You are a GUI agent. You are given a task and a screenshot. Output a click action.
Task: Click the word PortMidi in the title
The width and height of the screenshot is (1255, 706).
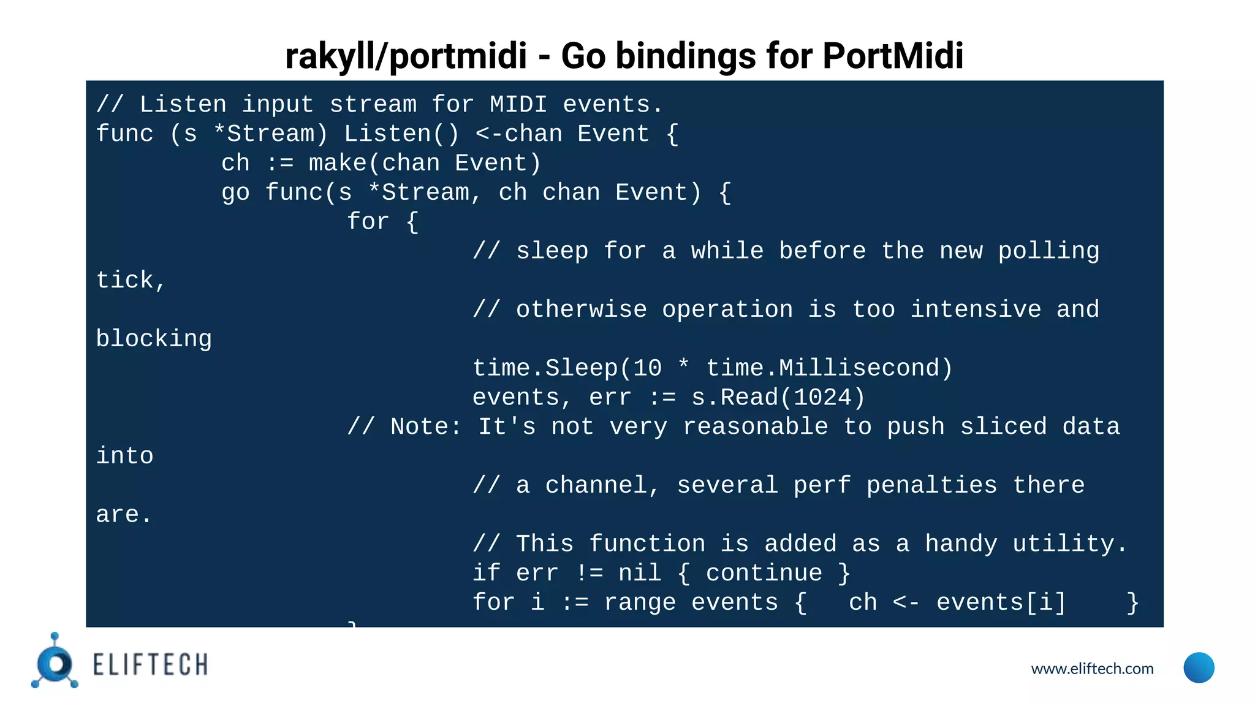tap(892, 56)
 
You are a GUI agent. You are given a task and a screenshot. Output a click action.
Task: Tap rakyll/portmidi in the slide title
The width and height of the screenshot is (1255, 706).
tap(406, 56)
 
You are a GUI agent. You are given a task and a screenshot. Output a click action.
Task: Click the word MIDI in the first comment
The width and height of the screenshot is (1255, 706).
tap(518, 104)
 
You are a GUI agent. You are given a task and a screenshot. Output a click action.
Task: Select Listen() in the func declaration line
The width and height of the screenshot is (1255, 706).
tap(401, 134)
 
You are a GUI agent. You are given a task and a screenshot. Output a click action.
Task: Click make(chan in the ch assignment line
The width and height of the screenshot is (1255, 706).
tap(374, 163)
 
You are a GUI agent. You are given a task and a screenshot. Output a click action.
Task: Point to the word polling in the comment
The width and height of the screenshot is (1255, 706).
tap(1048, 251)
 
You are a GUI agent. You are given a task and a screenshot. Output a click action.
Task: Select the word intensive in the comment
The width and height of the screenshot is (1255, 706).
tap(976, 309)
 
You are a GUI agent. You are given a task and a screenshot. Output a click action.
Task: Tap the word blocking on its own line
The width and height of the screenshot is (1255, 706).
tap(154, 339)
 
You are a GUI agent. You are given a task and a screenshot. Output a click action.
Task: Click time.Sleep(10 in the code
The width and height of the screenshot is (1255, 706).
tap(567, 368)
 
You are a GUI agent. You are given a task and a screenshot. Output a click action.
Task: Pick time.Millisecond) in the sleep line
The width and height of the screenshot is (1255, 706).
tap(829, 368)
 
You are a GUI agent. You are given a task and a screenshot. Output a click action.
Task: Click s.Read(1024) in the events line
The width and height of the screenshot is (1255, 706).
tap(778, 398)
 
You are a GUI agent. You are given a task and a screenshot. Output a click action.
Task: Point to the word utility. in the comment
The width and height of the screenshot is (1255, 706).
tap(1070, 544)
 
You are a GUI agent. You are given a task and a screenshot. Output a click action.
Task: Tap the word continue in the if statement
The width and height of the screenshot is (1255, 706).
tap(764, 573)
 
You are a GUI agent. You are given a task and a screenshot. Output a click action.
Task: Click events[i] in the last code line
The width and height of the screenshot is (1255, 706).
tap(1001, 602)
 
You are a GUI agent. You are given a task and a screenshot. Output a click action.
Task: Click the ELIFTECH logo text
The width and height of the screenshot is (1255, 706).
tap(150, 665)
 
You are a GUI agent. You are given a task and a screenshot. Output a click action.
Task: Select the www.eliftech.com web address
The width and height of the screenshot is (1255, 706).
tap(1092, 669)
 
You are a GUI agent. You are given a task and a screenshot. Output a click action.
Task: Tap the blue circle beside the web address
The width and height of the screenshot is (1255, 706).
tap(1199, 667)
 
